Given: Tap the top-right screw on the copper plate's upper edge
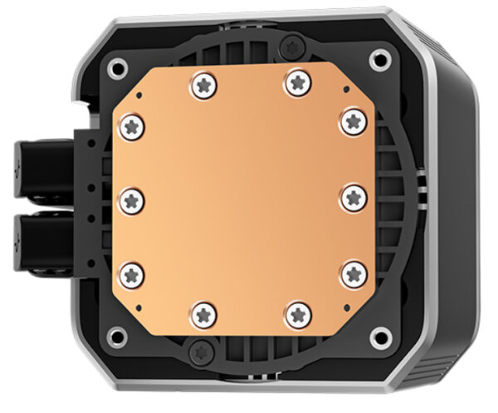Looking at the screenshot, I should [x=296, y=81].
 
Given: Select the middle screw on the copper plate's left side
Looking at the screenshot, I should [x=131, y=198].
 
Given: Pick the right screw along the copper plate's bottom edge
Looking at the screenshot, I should [x=297, y=314].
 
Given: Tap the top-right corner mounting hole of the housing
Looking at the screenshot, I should [x=380, y=58].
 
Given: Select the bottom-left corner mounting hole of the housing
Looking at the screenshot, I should [x=120, y=337].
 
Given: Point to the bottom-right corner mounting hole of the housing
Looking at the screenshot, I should [x=381, y=337].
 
